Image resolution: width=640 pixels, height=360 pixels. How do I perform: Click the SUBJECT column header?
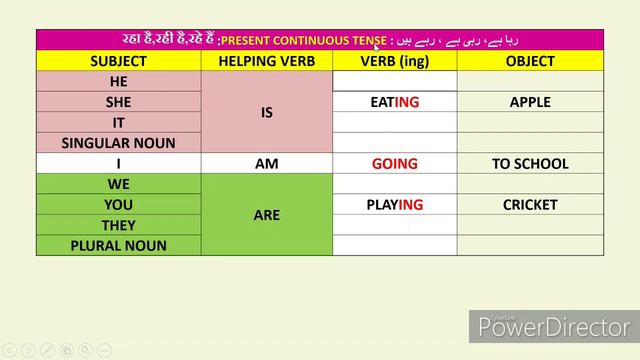118,61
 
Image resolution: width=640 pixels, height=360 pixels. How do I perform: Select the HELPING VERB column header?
266,61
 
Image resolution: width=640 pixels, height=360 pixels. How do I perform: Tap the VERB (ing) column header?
394,61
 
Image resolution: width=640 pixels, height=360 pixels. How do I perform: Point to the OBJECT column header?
530,61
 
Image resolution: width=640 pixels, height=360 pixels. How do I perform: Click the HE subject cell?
118,81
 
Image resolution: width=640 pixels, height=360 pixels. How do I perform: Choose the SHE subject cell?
118,102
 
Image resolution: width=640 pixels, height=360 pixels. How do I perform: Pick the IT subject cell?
118,122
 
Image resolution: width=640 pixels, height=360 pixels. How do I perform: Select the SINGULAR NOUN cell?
118,143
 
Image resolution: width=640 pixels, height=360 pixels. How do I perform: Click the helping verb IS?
266,112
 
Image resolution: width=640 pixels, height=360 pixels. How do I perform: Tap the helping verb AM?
266,164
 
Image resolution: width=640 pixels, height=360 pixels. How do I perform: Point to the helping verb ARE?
266,215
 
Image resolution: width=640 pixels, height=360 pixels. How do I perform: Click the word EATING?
394,102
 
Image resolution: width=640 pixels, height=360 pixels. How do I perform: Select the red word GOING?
394,164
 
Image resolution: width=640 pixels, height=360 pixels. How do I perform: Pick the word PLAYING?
394,205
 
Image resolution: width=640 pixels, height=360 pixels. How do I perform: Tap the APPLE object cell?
530,102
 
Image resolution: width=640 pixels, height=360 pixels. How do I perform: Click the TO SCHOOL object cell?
530,164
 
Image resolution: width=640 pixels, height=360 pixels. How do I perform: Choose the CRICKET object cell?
530,205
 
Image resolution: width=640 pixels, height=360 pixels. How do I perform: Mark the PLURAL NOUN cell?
118,246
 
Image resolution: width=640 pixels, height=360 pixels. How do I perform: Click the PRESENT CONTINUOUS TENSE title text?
303,41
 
